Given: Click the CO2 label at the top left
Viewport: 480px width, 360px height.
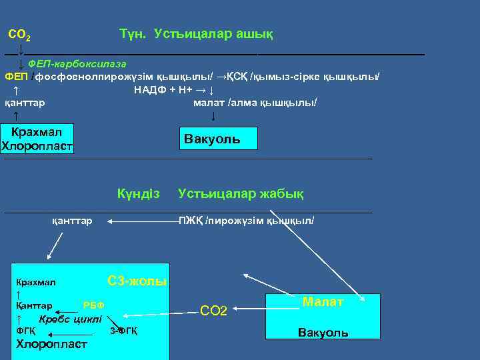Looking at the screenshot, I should [x=19, y=34].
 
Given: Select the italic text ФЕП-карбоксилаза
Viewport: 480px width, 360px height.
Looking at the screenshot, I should [x=77, y=63].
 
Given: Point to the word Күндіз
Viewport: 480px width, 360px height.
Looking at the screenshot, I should [x=139, y=194].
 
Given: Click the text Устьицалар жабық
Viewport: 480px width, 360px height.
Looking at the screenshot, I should [x=241, y=194].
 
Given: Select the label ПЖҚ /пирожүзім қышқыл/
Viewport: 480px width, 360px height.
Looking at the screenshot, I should [x=246, y=220].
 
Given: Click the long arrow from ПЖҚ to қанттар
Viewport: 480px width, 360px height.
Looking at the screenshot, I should [x=140, y=220].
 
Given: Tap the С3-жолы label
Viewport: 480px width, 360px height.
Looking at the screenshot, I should [x=137, y=281].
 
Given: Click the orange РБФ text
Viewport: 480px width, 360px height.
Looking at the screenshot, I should [x=93, y=305].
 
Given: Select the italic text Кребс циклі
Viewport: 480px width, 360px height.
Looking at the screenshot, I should [x=70, y=318].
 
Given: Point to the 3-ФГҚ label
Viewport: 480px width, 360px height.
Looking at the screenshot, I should [x=123, y=331].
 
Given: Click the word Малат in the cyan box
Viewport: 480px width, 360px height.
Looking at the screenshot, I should [x=323, y=302].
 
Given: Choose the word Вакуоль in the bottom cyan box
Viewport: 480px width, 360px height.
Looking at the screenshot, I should [x=323, y=332].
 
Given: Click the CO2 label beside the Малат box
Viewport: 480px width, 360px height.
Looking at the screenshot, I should [x=214, y=311].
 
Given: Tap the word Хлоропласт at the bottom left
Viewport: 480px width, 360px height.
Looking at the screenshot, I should [x=51, y=344].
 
